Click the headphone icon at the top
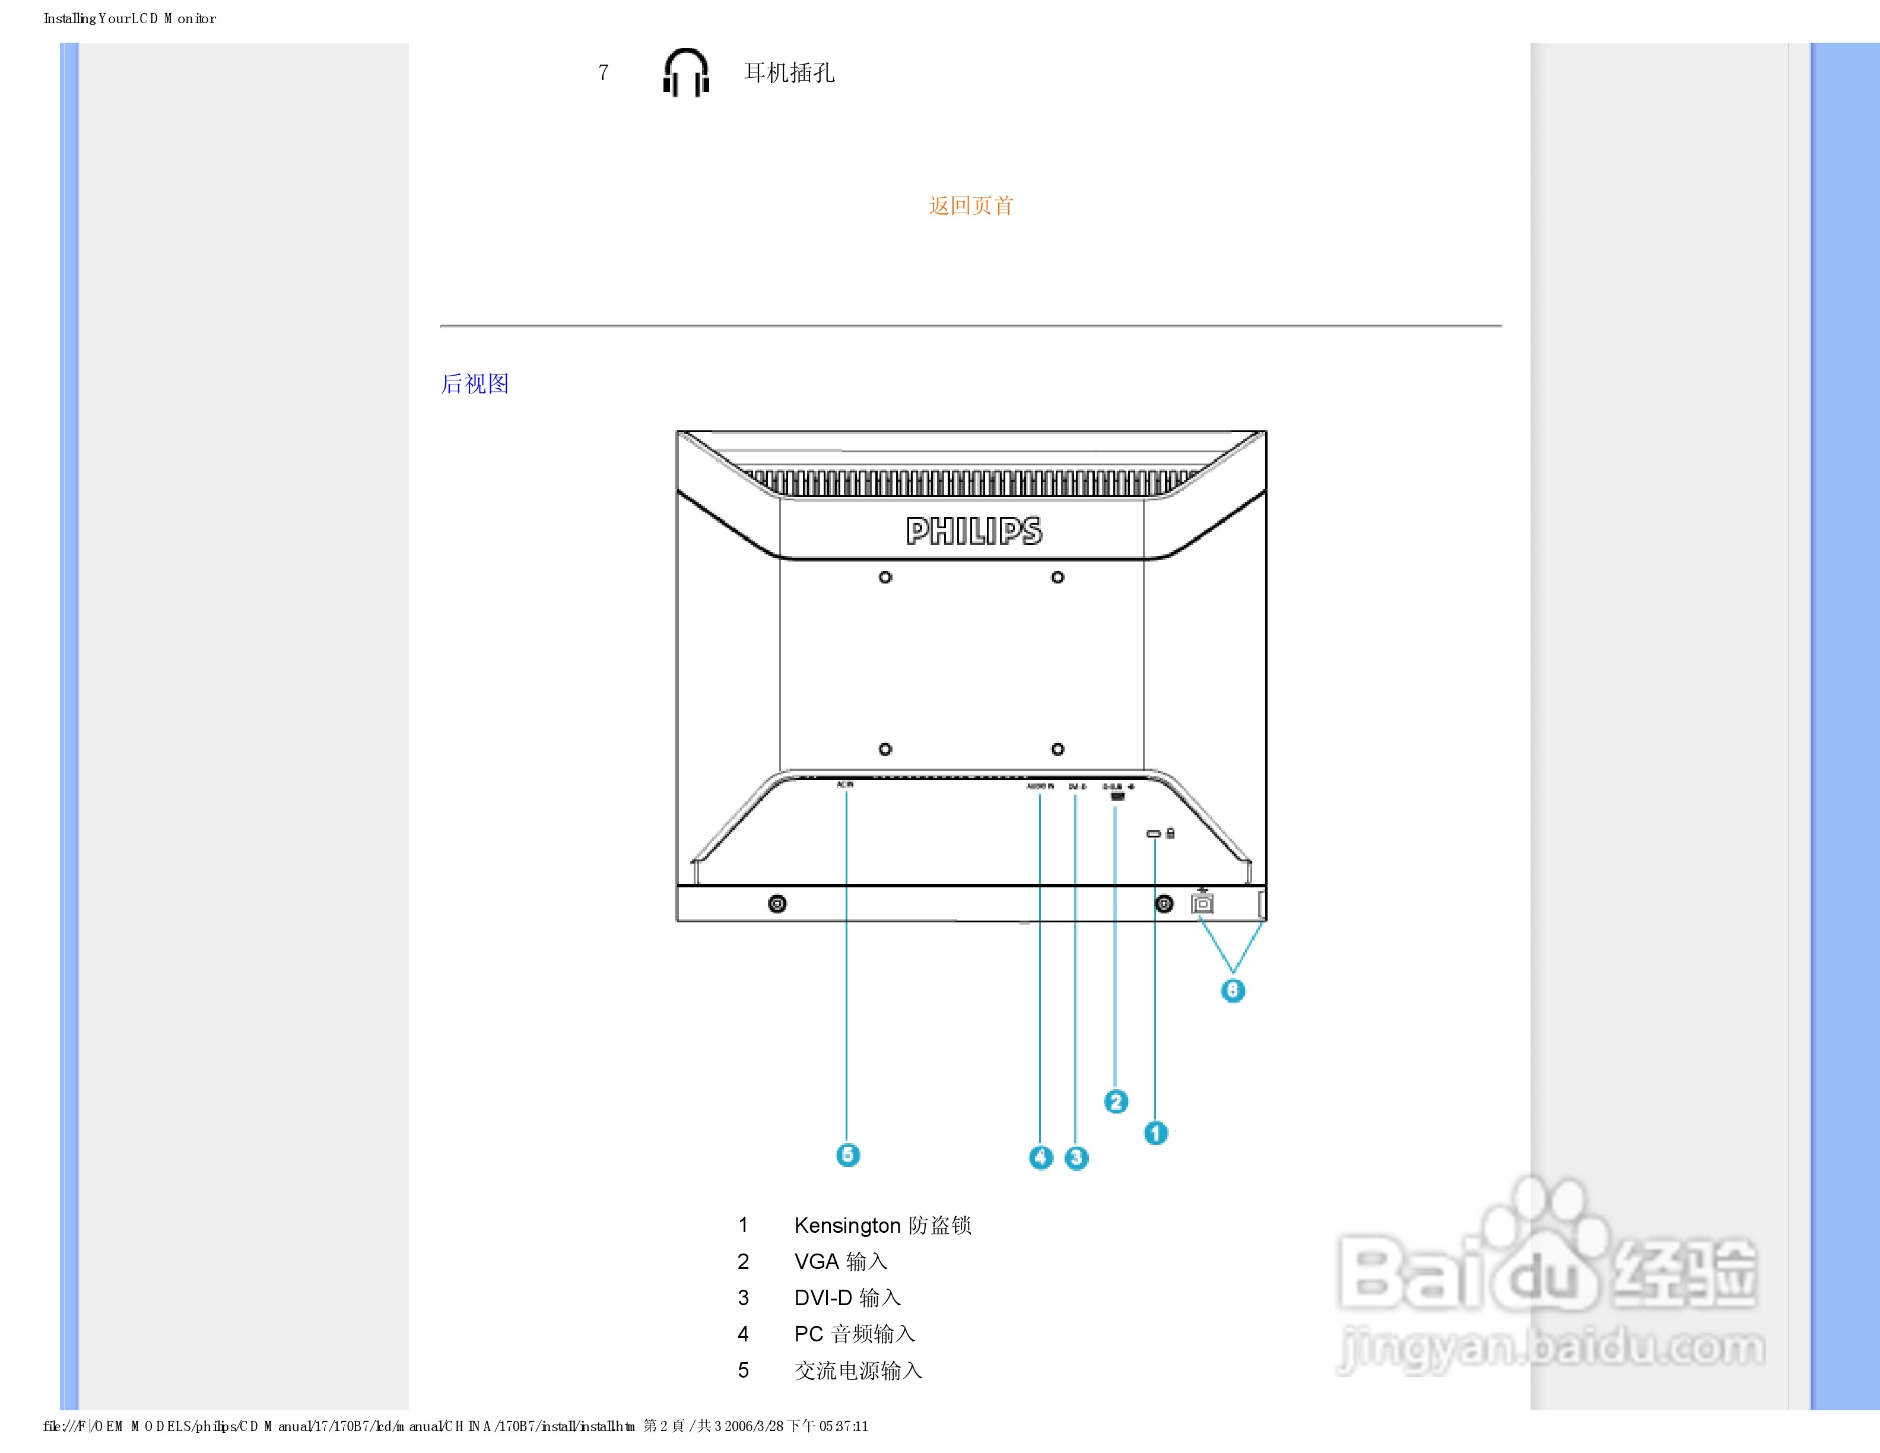click(x=686, y=72)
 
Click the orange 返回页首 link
click(x=971, y=206)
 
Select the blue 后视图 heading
click(x=475, y=384)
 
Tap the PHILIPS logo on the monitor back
click(x=974, y=531)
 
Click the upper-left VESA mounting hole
click(x=885, y=578)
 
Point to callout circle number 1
click(x=1155, y=1133)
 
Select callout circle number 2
click(x=1116, y=1102)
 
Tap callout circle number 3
click(x=1076, y=1158)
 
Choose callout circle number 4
click(x=1041, y=1158)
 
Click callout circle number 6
click(x=1233, y=991)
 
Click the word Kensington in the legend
click(x=847, y=1226)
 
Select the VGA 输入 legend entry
click(x=840, y=1262)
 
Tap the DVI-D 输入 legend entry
click(x=847, y=1298)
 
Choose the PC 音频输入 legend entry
click(x=854, y=1334)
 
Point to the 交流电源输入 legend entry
click(x=858, y=1370)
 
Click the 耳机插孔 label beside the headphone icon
click(x=789, y=73)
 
